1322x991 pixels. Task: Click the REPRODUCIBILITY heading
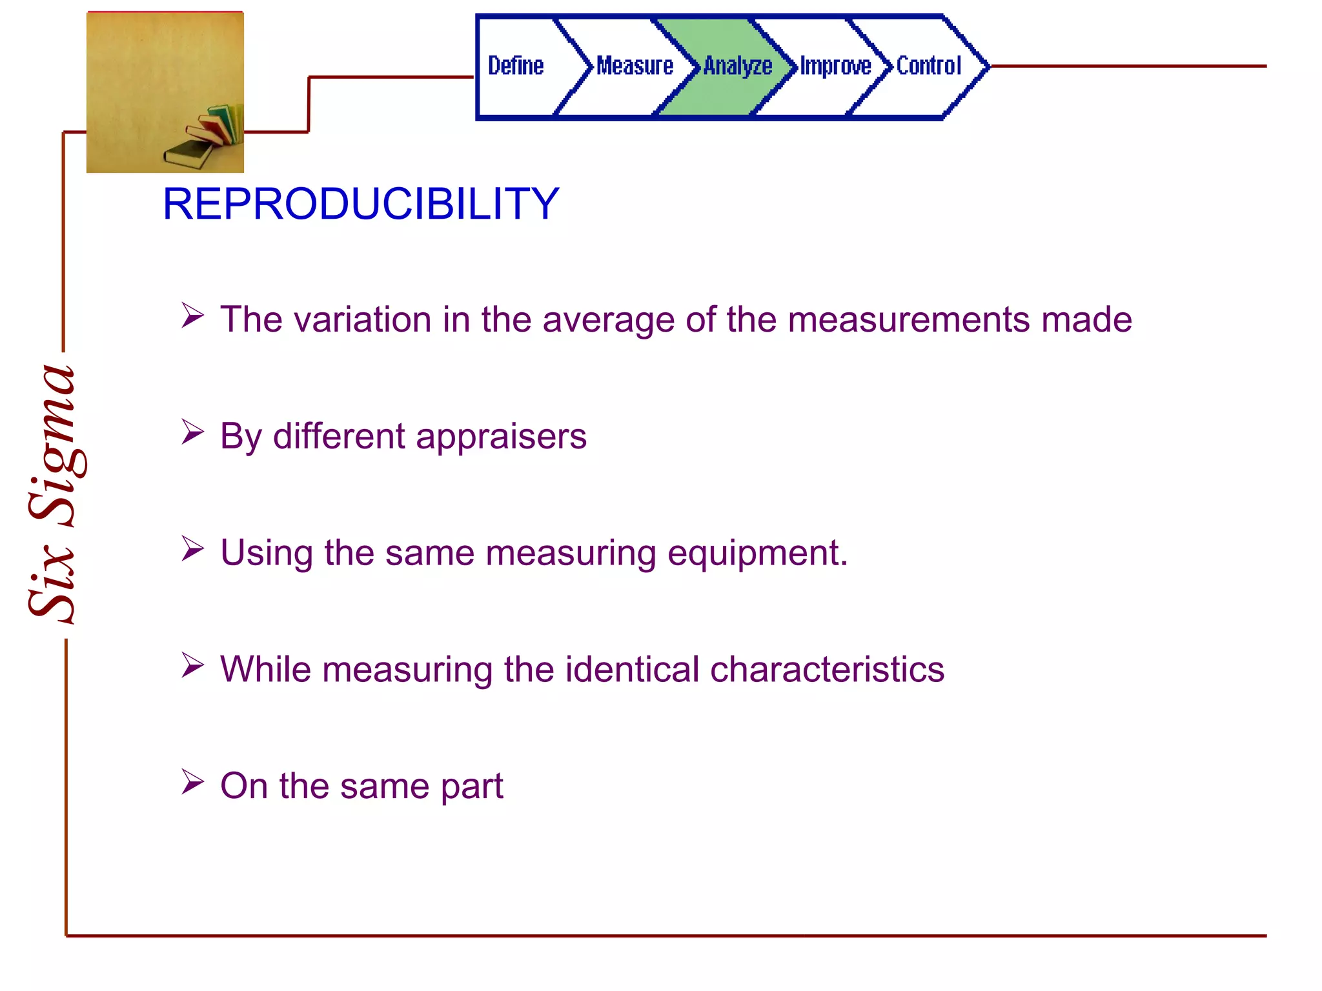click(x=360, y=204)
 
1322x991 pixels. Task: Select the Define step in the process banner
click(x=515, y=66)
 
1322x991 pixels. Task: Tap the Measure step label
click(x=634, y=66)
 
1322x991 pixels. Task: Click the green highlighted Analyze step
click(x=737, y=66)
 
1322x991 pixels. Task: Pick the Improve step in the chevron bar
click(x=835, y=66)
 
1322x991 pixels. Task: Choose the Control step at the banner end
click(x=928, y=66)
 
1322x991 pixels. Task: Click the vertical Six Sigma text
click(x=55, y=494)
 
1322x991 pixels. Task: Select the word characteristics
click(x=827, y=669)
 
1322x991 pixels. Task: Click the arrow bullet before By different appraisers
click(x=192, y=432)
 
